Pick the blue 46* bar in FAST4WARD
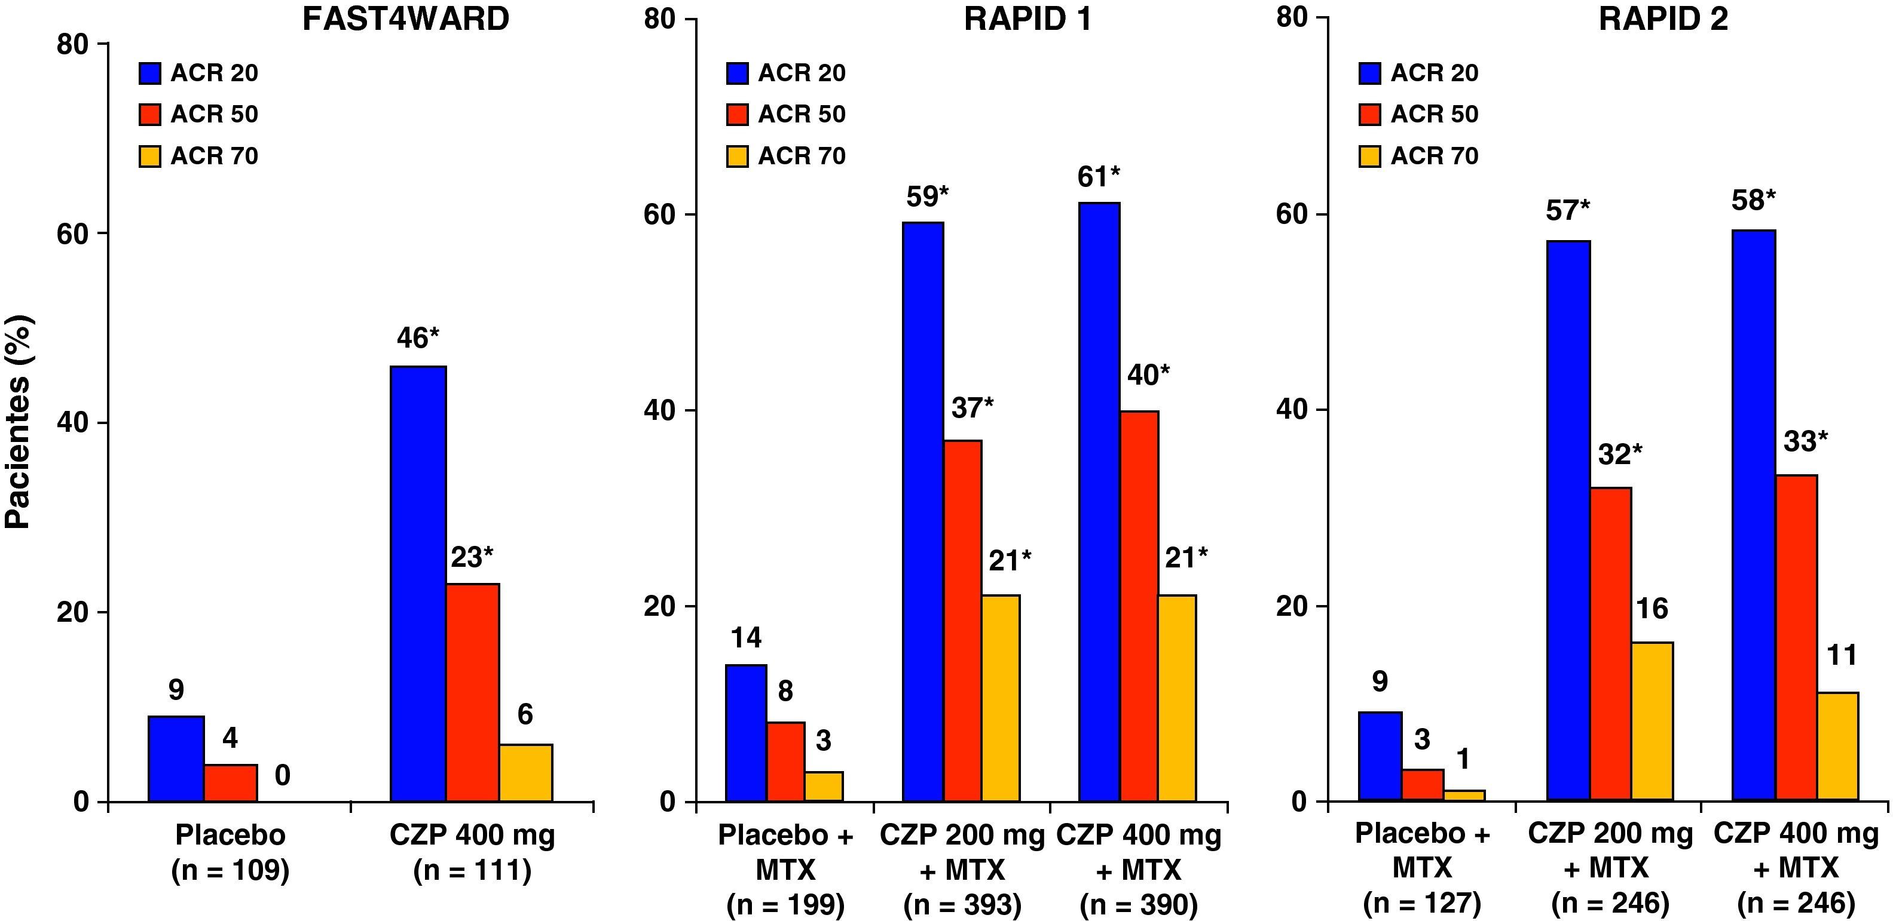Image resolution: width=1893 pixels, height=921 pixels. pyautogui.click(x=417, y=584)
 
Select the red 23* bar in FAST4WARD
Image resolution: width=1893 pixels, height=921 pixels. pyautogui.click(x=473, y=692)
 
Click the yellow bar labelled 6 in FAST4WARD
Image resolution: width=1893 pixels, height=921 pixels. pyautogui.click(x=525, y=773)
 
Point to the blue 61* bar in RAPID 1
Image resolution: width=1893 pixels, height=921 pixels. pyautogui.click(x=1099, y=502)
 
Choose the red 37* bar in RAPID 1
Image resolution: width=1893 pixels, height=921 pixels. pyautogui.click(x=963, y=621)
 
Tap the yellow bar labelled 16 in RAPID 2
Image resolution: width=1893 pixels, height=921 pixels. pyautogui.click(x=1652, y=722)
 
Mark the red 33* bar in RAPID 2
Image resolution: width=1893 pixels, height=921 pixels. pyautogui.click(x=1796, y=637)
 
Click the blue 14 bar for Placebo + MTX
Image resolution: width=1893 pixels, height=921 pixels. pyautogui.click(x=746, y=732)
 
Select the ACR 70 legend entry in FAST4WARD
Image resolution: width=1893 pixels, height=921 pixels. pyautogui.click(x=198, y=156)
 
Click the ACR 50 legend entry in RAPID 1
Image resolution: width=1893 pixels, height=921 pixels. pyautogui.click(x=785, y=115)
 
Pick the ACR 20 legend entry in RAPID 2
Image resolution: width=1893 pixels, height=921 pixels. pyautogui.click(x=1418, y=73)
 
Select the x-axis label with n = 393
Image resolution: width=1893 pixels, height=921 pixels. pyautogui.click(x=962, y=870)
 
